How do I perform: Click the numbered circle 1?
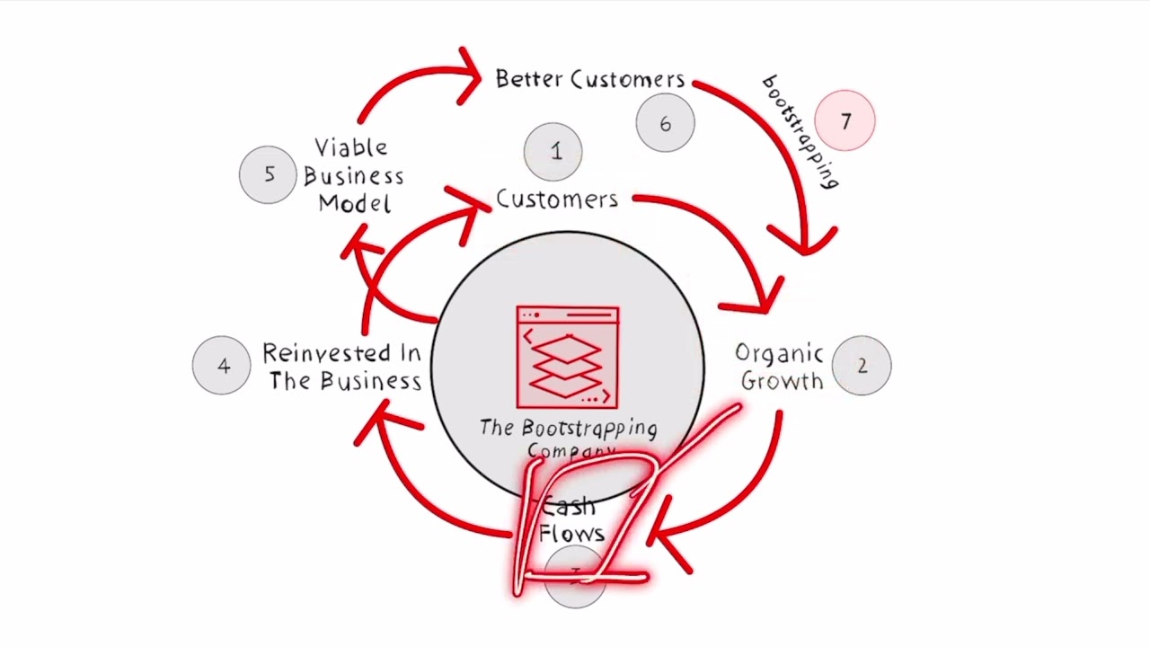point(553,151)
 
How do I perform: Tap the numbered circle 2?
point(862,366)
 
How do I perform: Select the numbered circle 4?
point(222,366)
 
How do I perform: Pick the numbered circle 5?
point(269,174)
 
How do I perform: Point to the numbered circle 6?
point(665,124)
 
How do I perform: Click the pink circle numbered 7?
point(845,120)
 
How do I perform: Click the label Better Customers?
point(589,79)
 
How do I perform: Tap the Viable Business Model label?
point(353,175)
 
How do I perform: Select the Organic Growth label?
point(780,367)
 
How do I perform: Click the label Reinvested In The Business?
point(343,367)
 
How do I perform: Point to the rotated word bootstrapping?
point(801,132)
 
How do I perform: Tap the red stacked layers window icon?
point(567,358)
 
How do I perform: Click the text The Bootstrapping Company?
point(568,437)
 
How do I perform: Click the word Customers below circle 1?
point(557,199)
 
